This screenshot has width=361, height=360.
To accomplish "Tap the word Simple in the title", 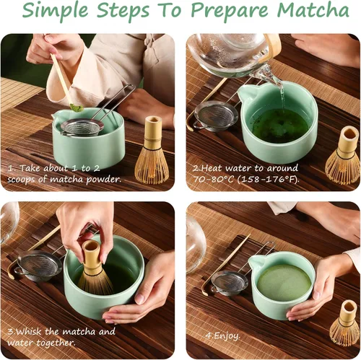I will point(58,13).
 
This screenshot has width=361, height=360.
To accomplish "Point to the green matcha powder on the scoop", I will point(75,107).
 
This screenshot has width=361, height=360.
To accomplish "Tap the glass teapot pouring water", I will point(231,55).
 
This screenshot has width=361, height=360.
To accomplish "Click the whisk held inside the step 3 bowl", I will point(93,267).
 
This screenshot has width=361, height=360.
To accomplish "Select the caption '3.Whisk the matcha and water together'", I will point(61,337).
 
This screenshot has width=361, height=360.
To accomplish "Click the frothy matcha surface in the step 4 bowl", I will point(284,282).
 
